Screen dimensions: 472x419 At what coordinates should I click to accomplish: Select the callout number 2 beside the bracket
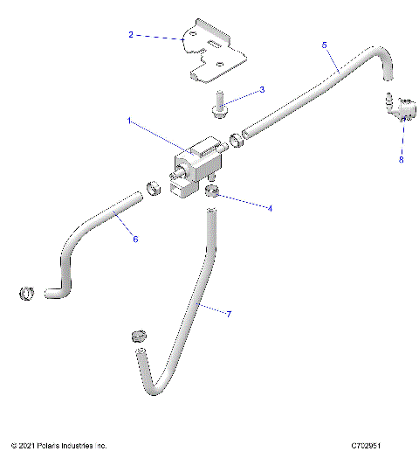coord(131,35)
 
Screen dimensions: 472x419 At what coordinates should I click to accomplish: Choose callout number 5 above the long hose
coord(325,44)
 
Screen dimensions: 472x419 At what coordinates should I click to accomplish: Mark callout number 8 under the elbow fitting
coord(402,160)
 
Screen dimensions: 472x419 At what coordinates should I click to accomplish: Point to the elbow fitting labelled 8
coord(397,108)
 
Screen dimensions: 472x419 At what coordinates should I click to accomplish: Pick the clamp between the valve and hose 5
coord(236,138)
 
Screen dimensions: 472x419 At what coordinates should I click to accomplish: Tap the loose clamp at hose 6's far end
coord(27,293)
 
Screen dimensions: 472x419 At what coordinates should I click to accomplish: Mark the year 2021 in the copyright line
coord(30,446)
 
